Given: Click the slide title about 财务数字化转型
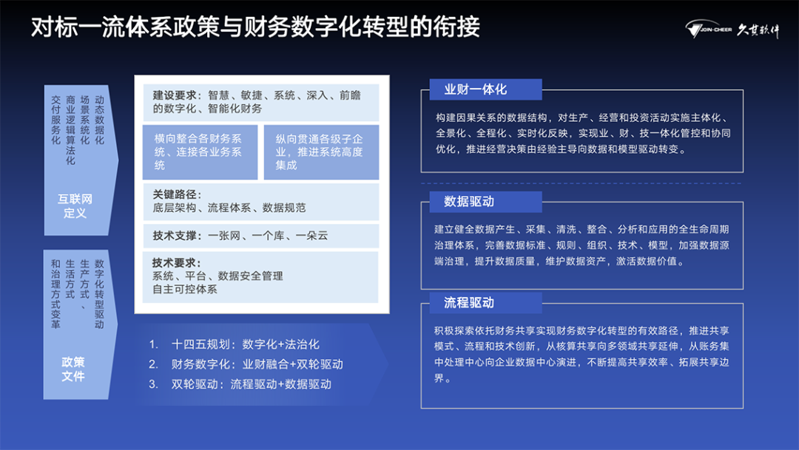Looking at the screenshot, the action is (x=255, y=27).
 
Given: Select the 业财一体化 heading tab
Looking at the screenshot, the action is (x=485, y=89).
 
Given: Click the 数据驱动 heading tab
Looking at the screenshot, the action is (x=485, y=202).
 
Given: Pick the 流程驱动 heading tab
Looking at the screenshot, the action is (x=485, y=303).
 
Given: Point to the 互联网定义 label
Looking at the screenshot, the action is (x=75, y=205).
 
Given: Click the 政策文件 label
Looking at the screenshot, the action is (x=73, y=369).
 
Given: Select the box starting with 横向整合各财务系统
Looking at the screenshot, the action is (x=200, y=151).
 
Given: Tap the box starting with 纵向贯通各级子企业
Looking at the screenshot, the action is (x=321, y=151).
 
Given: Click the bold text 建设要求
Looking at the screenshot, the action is (x=175, y=95).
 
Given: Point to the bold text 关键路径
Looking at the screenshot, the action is (x=175, y=194).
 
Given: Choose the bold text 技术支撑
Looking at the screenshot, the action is (x=175, y=236).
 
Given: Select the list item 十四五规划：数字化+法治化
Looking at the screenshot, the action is (x=234, y=344).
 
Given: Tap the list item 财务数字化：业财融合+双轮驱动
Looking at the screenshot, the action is (x=246, y=364).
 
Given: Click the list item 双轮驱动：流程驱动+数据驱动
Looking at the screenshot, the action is (x=240, y=383).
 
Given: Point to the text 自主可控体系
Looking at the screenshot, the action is (x=184, y=289).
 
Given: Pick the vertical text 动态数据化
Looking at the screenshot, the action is (x=99, y=120).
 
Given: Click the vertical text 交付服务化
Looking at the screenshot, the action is (x=56, y=120).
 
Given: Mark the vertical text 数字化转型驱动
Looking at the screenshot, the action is (x=99, y=294).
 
